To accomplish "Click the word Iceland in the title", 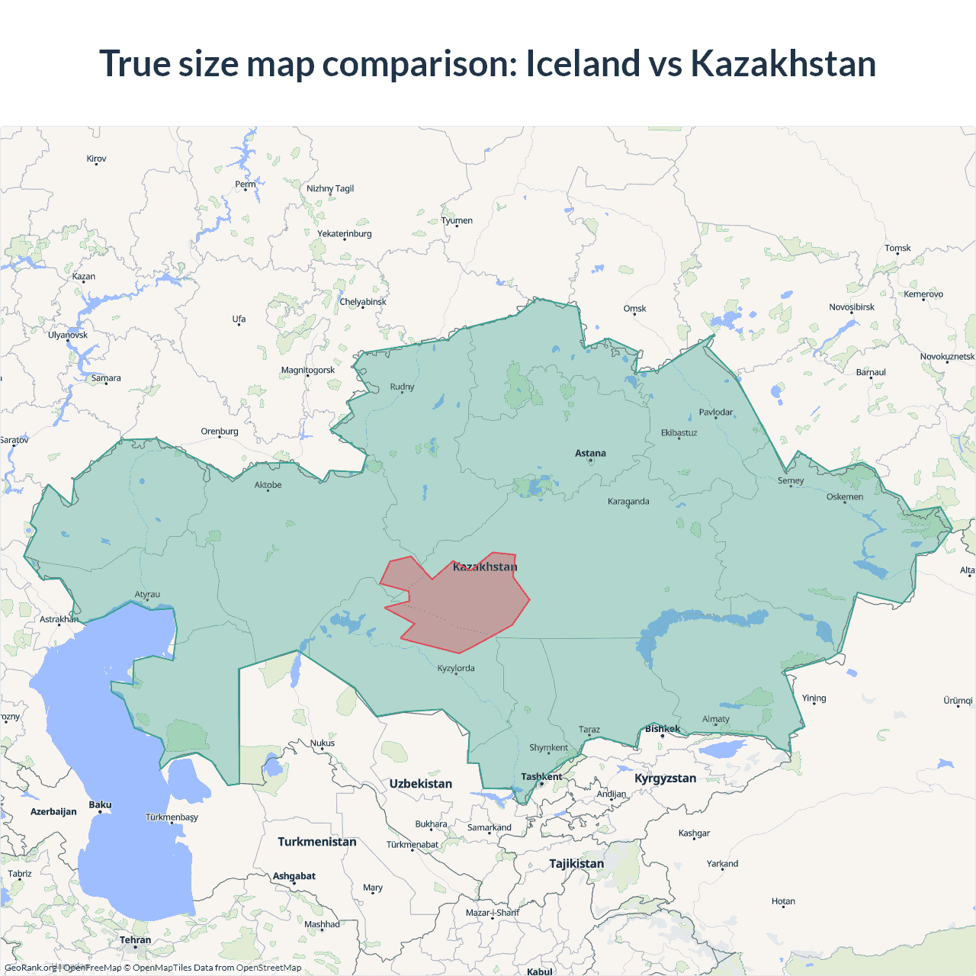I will [583, 63].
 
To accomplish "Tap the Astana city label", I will [590, 453].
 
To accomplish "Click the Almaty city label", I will [715, 719].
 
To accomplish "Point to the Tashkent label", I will [541, 777].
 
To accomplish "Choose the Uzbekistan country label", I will [420, 784].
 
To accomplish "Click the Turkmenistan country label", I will [316, 842].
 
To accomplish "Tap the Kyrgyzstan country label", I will [665, 779].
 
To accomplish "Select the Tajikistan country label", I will [576, 864].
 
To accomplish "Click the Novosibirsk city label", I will [852, 307].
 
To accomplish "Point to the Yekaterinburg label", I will [345, 234].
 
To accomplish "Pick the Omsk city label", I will [634, 309].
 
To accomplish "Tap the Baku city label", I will [100, 805].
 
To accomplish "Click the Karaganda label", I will [628, 502].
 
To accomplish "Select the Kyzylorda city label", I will [456, 669].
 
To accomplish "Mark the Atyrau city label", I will [147, 595].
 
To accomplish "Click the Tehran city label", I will [135, 940].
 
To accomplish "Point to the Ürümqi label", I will [958, 701].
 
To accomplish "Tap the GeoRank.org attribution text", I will [30, 968].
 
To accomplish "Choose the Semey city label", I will [791, 481].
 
